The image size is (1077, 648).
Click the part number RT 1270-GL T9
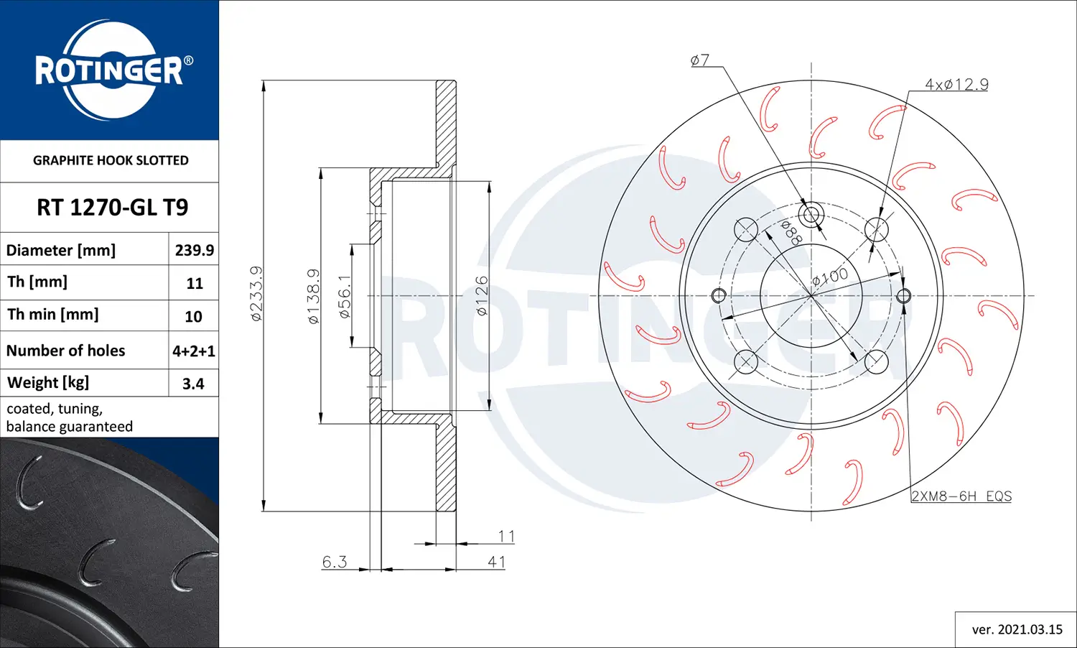pos(112,208)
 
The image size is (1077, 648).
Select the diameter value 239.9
pos(194,250)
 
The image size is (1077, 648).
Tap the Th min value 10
pos(193,316)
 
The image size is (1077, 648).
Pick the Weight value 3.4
pos(193,384)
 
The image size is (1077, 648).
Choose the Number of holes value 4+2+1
pos(194,351)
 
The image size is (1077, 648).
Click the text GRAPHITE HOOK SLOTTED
pos(111,160)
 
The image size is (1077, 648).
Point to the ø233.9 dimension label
pos(256,293)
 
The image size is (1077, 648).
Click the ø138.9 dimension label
pos(314,296)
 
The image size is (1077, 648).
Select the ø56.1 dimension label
pos(345,296)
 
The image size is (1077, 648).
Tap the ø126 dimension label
pos(482,296)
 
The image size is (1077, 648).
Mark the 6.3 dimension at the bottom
pos(335,562)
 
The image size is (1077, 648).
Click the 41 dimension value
pos(497,562)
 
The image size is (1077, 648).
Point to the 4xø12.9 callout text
pos(956,85)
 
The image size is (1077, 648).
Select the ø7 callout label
pos(700,60)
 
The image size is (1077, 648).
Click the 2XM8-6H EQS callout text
pos(961,496)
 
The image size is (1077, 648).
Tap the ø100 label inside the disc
pos(830,277)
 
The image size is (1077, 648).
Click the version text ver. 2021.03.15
pos(1017,629)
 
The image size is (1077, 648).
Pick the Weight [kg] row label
pos(48,382)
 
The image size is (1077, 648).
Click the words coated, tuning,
pos(55,409)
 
